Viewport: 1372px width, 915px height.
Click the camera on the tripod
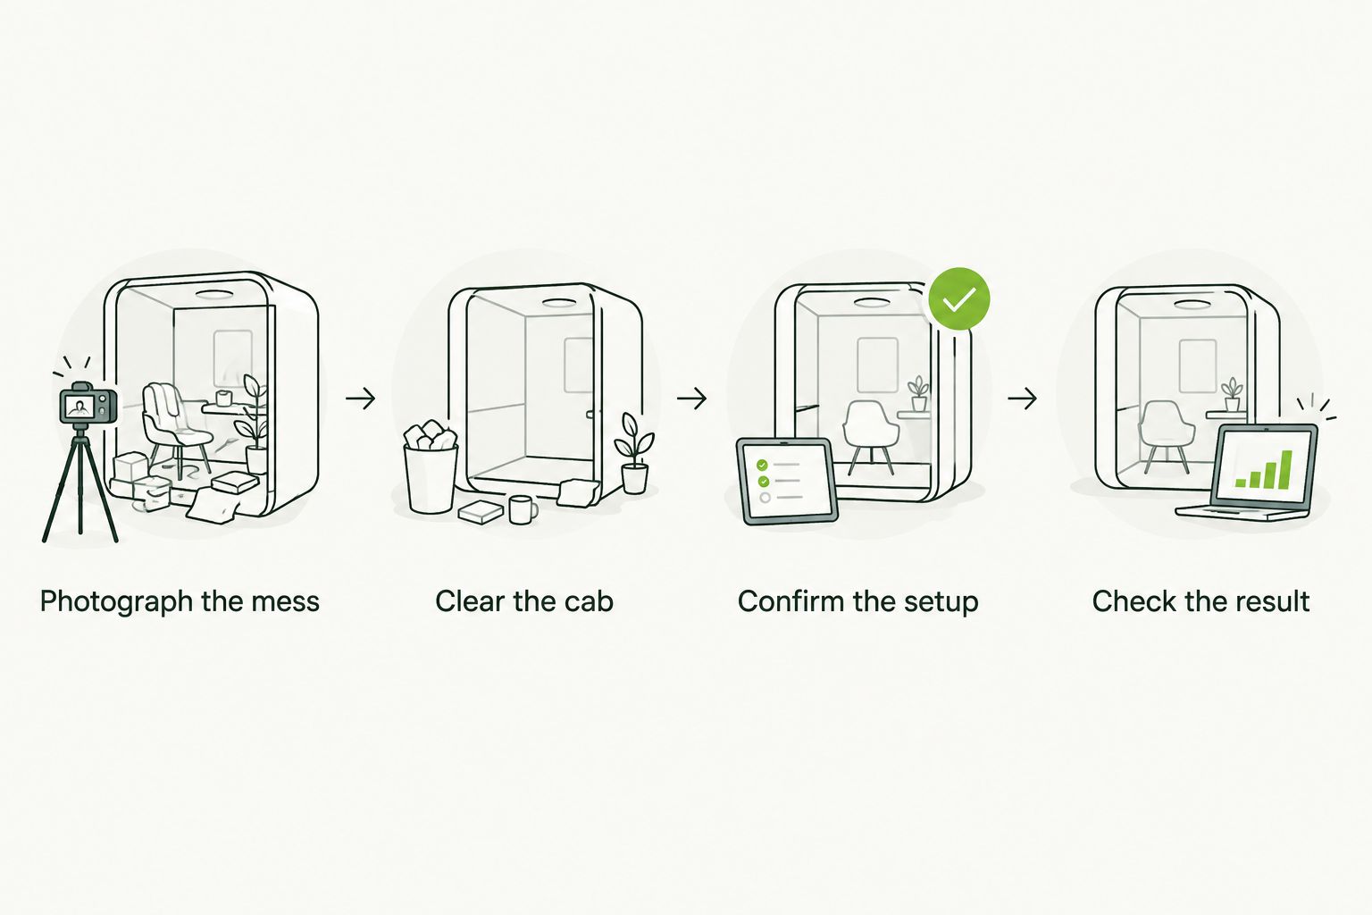tap(88, 404)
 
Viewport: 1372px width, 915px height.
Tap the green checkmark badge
tap(958, 298)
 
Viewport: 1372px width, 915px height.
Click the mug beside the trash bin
tap(523, 509)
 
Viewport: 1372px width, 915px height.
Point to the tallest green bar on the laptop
tap(1286, 469)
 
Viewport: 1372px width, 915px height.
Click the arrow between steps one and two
tap(360, 399)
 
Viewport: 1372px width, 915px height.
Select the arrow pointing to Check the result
tap(1022, 399)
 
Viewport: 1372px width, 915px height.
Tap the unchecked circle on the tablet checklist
tap(765, 497)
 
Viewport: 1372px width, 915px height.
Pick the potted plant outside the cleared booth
tap(634, 453)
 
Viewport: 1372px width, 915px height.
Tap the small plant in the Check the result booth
tap(1232, 395)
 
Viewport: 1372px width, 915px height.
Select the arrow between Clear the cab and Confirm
tap(691, 399)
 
